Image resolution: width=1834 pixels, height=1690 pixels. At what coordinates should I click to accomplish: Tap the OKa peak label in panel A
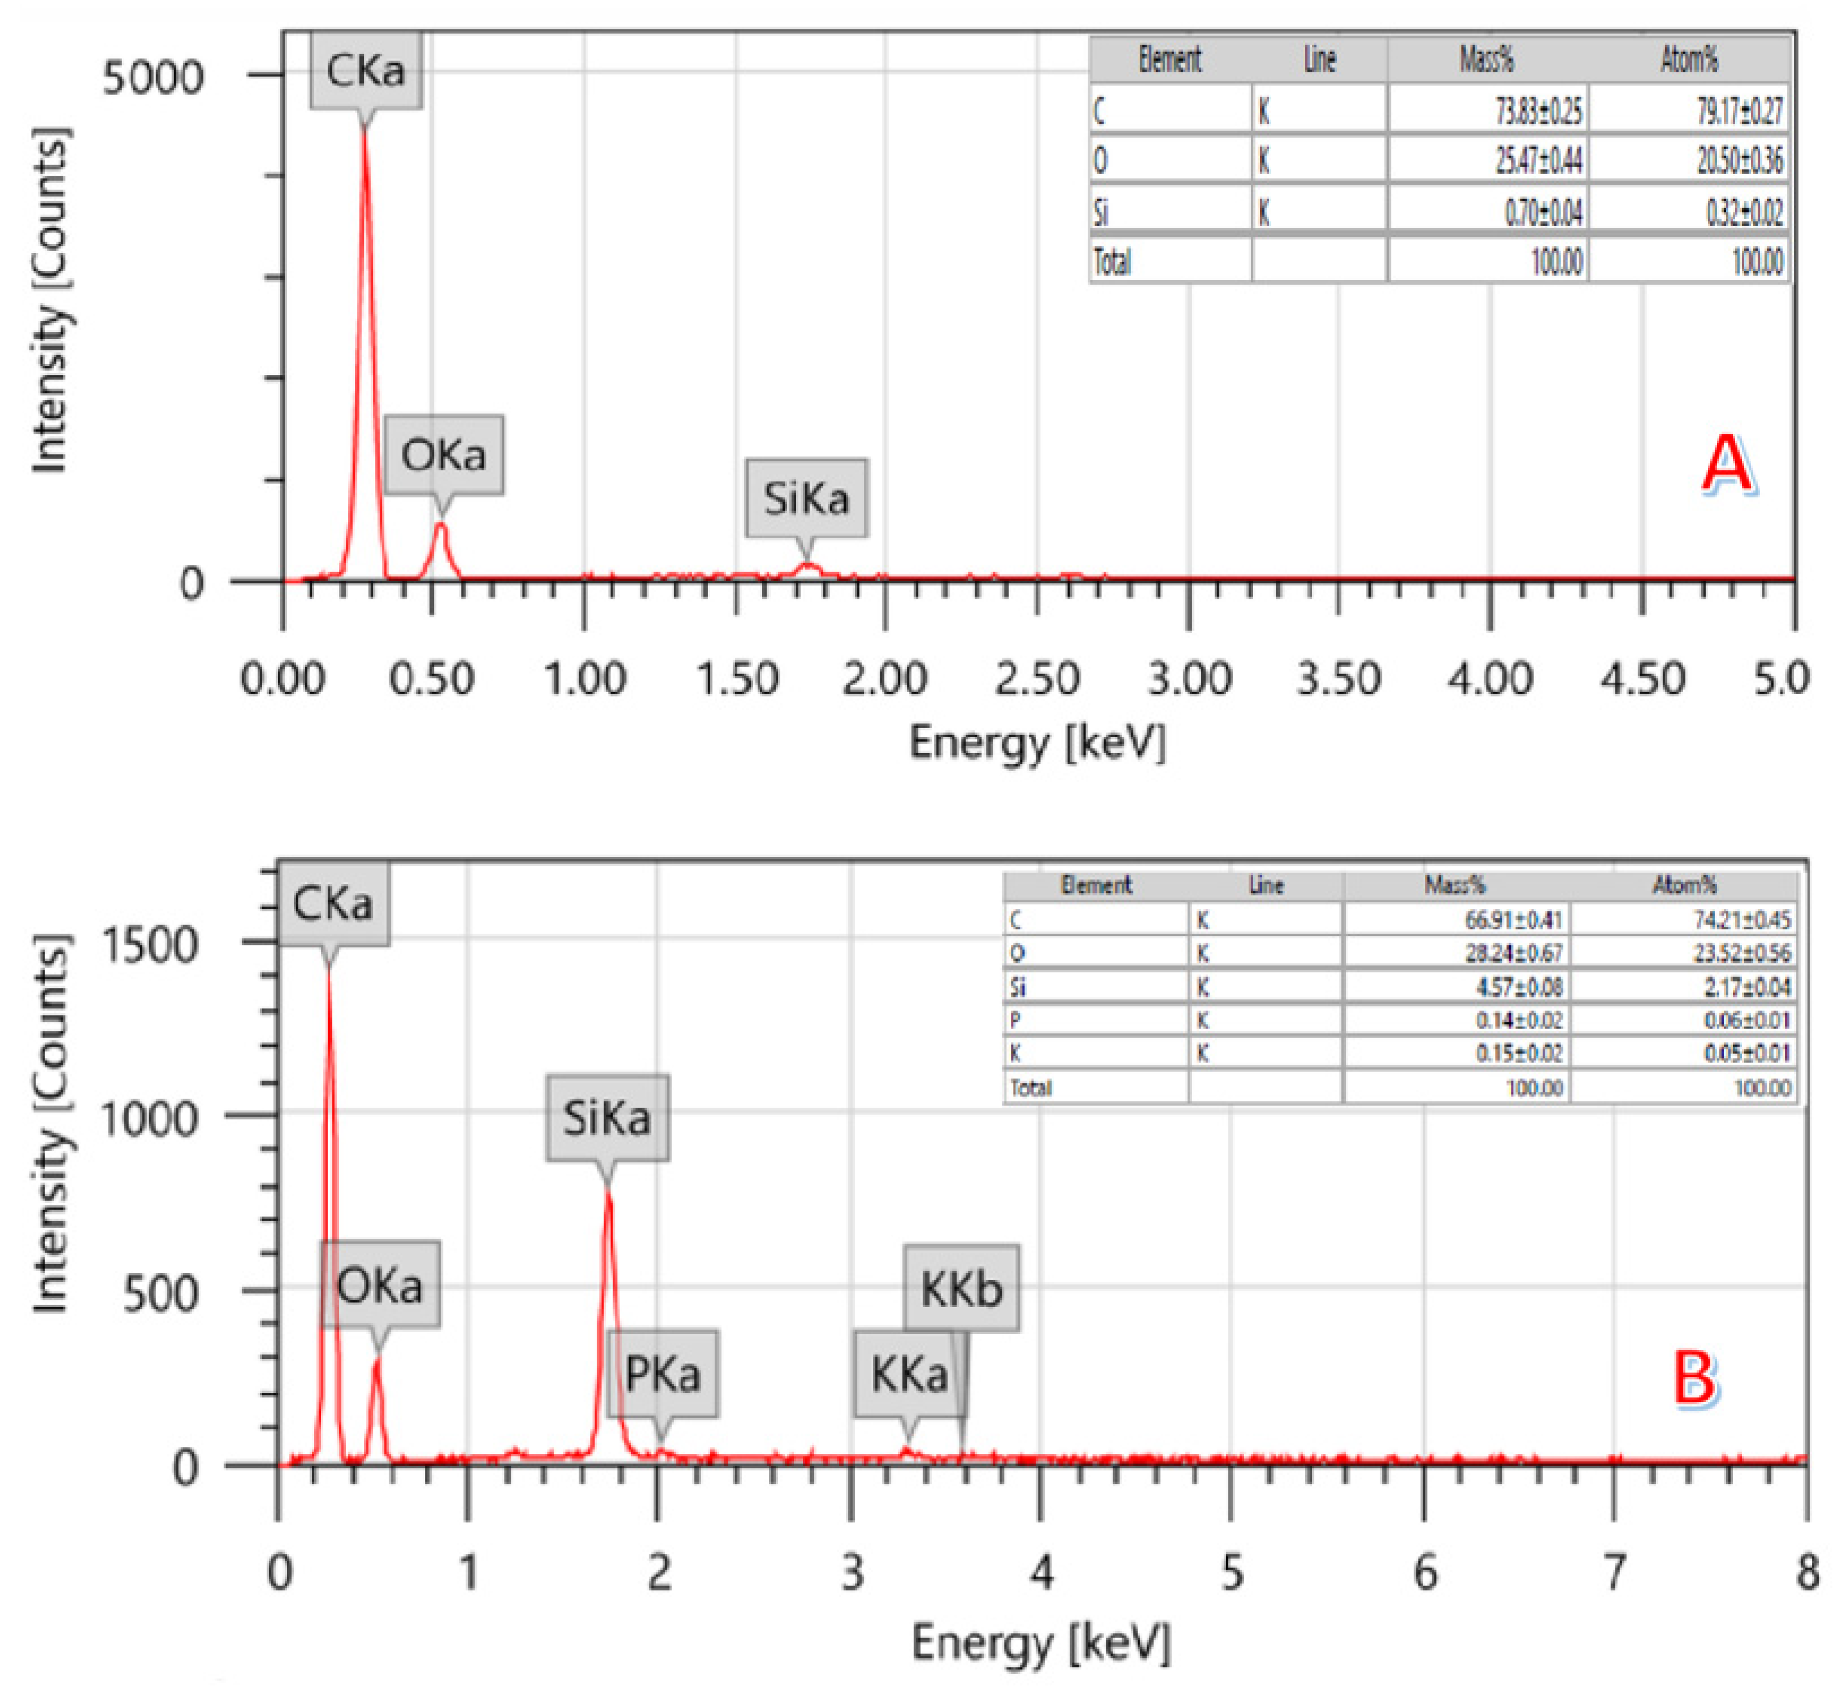pos(444,455)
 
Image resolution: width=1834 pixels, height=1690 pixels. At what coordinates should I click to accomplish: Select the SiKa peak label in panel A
pos(806,498)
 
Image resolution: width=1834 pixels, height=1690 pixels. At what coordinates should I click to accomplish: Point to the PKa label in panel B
pos(663,1374)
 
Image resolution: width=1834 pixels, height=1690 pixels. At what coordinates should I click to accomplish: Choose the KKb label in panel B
pos(962,1288)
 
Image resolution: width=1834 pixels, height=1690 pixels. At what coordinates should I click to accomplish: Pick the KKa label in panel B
pos(909,1374)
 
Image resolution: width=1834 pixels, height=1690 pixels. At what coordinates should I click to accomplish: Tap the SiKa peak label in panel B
pos(607,1117)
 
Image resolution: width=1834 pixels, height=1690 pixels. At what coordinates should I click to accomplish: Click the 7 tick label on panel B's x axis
pos(1614,1572)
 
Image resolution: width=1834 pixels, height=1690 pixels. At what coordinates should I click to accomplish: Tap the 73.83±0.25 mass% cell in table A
pos(1537,112)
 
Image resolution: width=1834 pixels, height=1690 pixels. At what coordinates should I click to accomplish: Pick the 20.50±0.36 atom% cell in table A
pos(1739,161)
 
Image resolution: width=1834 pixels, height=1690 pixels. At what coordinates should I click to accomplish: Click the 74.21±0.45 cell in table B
pos(1741,919)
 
